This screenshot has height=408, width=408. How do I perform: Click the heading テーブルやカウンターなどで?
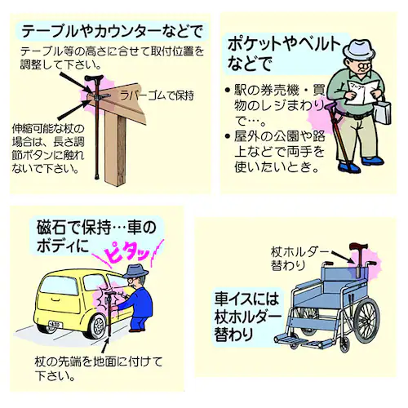112,32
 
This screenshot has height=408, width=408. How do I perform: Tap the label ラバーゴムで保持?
157,95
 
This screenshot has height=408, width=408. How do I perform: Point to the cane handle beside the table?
94,78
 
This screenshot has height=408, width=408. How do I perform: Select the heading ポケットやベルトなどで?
284,54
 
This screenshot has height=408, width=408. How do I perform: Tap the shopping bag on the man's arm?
384,112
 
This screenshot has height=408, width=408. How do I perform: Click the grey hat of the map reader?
359,50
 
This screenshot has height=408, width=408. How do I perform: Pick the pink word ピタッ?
127,255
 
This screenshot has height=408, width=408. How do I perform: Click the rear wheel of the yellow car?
96,326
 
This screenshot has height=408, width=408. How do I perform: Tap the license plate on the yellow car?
55,324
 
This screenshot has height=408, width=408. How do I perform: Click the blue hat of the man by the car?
135,271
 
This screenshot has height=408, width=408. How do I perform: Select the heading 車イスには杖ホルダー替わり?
247,316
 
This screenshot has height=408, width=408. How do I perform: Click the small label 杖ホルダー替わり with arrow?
299,258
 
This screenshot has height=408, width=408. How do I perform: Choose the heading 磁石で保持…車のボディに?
96,236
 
